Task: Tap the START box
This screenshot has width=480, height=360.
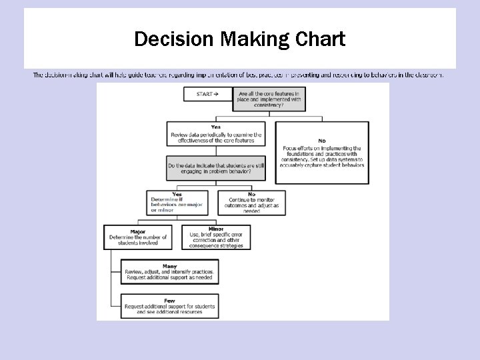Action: point(208,94)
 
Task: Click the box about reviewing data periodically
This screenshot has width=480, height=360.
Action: point(216,134)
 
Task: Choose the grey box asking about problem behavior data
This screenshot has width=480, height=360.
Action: point(216,168)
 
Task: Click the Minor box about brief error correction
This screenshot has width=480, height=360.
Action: point(216,237)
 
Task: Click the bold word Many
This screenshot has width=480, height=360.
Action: point(169,265)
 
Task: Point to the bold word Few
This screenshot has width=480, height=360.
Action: point(169,300)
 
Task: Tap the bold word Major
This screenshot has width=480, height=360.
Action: point(138,231)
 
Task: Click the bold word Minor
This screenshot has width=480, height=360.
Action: point(216,229)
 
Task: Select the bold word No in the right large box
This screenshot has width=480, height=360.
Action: point(322,141)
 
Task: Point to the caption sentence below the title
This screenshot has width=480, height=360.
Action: point(238,75)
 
